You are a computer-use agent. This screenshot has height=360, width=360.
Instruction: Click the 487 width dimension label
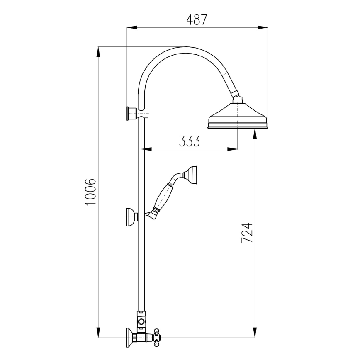click(x=197, y=19)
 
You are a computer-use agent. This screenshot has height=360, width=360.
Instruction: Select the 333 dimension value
click(x=190, y=141)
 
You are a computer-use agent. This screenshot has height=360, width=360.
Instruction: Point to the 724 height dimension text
click(x=247, y=233)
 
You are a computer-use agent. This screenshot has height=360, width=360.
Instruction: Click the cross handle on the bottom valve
click(x=157, y=336)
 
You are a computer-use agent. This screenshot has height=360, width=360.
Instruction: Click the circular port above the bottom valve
click(x=142, y=321)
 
